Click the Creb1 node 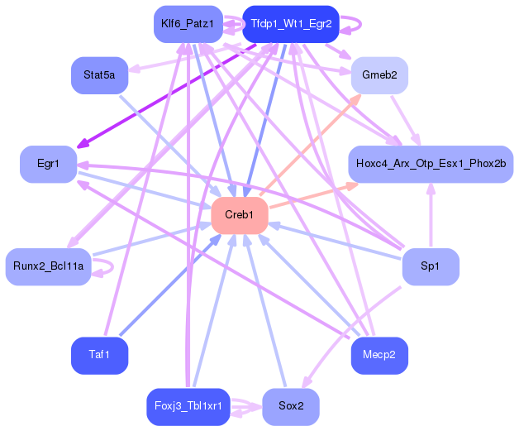(x=240, y=215)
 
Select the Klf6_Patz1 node (x=188, y=24)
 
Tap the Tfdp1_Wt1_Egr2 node (x=291, y=24)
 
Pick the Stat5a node (x=99, y=75)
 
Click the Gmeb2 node (x=379, y=75)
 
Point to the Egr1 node (x=48, y=164)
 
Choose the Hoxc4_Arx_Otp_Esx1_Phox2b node (x=431, y=164)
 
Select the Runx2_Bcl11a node (x=48, y=266)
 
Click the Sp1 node (x=431, y=266)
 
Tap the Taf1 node (x=99, y=355)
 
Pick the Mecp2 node (x=379, y=355)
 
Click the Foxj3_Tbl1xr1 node (x=188, y=406)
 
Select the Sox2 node (x=291, y=406)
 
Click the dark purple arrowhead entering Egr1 (x=83, y=144)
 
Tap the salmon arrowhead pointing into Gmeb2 (x=356, y=98)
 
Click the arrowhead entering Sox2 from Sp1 (x=307, y=382)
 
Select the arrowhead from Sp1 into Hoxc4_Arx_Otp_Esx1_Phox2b (x=431, y=189)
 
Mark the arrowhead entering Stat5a (x=134, y=69)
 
